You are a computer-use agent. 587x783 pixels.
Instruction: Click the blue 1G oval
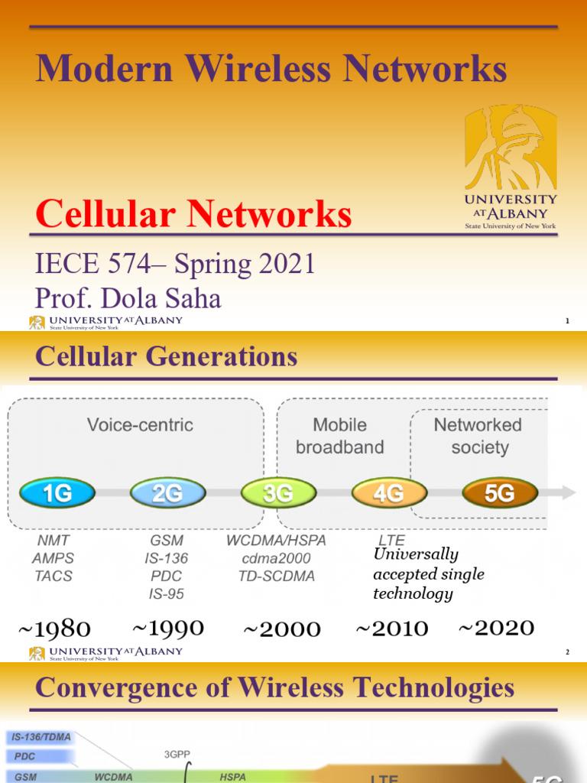(58, 493)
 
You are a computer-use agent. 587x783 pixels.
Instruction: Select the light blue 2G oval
(167, 493)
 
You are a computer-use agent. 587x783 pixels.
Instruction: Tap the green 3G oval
(277, 493)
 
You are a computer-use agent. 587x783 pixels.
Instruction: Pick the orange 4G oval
(388, 493)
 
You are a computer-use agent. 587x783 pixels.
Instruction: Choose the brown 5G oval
(500, 493)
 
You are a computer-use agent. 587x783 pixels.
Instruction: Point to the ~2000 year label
(281, 630)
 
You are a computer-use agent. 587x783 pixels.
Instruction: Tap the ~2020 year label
(496, 629)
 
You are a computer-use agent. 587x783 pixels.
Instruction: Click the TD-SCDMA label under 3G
(277, 576)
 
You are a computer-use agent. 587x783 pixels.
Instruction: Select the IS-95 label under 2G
(166, 593)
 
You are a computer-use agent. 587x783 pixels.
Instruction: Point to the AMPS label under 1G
(53, 558)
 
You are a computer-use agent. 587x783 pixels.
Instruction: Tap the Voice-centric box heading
(140, 425)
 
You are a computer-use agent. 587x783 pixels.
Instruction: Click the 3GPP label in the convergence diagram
(177, 754)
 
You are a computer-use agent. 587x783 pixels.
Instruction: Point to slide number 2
(567, 652)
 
